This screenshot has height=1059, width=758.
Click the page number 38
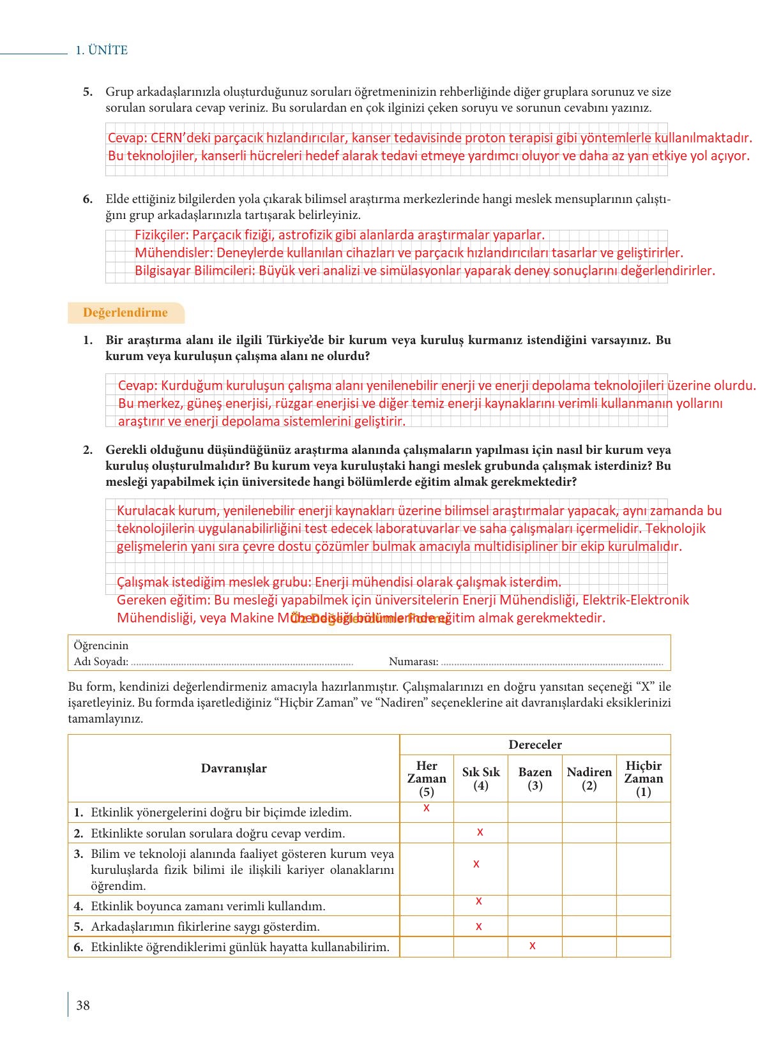click(x=83, y=1005)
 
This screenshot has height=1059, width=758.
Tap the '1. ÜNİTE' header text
click(x=102, y=50)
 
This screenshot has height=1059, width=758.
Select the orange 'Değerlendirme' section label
click(x=125, y=313)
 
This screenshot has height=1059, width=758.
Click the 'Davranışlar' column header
click(x=234, y=769)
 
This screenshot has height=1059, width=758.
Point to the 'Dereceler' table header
click(x=535, y=745)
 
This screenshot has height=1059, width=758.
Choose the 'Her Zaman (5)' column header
click(x=427, y=779)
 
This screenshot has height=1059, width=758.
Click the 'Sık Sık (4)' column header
click(x=481, y=779)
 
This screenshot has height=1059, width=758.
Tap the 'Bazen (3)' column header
click(x=535, y=779)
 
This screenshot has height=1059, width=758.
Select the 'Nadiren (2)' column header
click(x=589, y=779)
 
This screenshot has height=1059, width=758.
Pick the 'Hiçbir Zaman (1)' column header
click(x=644, y=779)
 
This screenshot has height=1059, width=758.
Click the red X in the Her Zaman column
click(x=427, y=808)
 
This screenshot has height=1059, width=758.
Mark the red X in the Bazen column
click(x=533, y=946)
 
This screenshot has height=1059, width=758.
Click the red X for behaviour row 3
click(x=476, y=864)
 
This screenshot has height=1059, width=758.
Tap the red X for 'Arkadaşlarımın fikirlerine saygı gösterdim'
click(x=479, y=926)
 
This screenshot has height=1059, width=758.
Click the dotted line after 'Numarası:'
click(x=552, y=662)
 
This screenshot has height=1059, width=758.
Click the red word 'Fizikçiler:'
click(x=162, y=235)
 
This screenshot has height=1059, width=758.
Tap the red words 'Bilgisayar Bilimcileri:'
click(x=195, y=271)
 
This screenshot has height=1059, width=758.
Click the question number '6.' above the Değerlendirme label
click(x=87, y=199)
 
